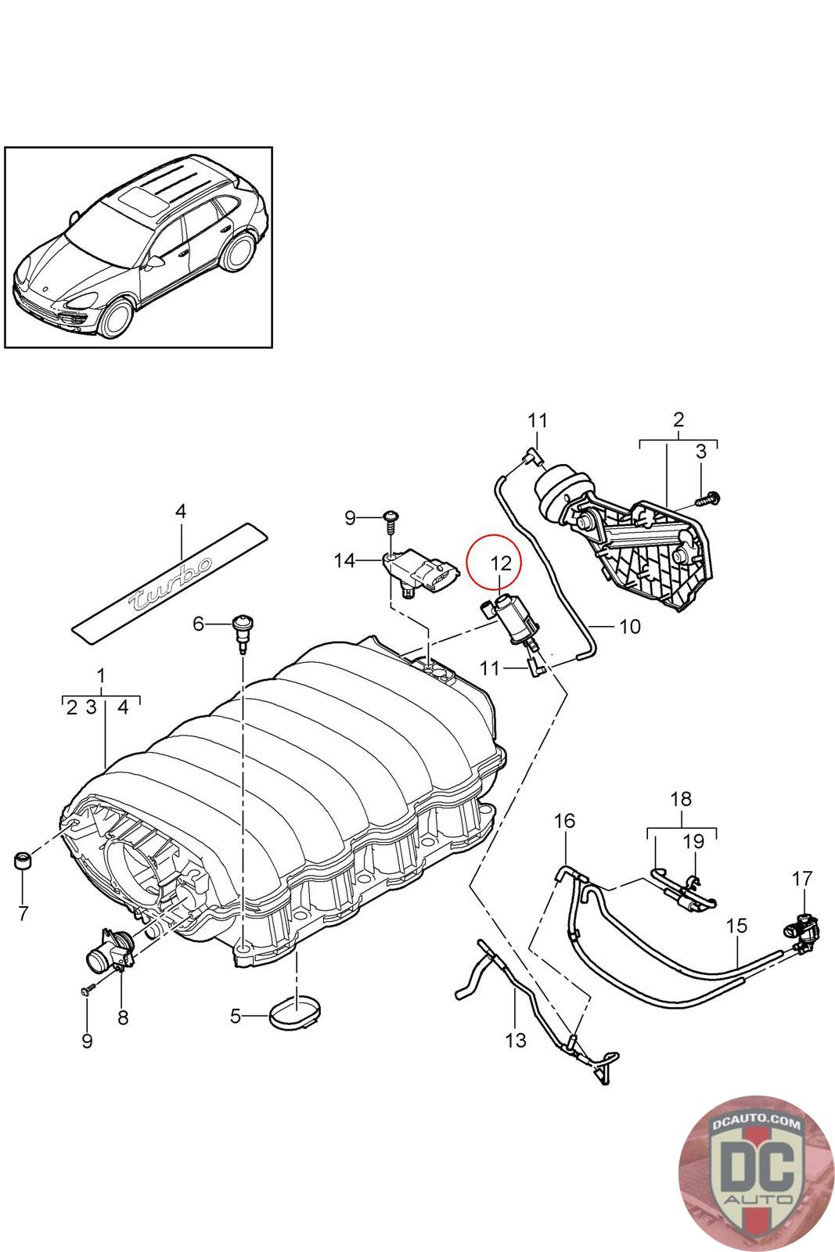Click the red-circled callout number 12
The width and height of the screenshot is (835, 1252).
501,563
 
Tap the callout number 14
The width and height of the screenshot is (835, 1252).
344,560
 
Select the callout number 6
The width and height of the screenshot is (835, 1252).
199,624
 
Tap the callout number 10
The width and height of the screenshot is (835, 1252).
630,627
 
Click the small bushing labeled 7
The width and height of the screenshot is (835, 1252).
23,862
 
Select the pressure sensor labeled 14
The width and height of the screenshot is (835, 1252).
420,573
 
